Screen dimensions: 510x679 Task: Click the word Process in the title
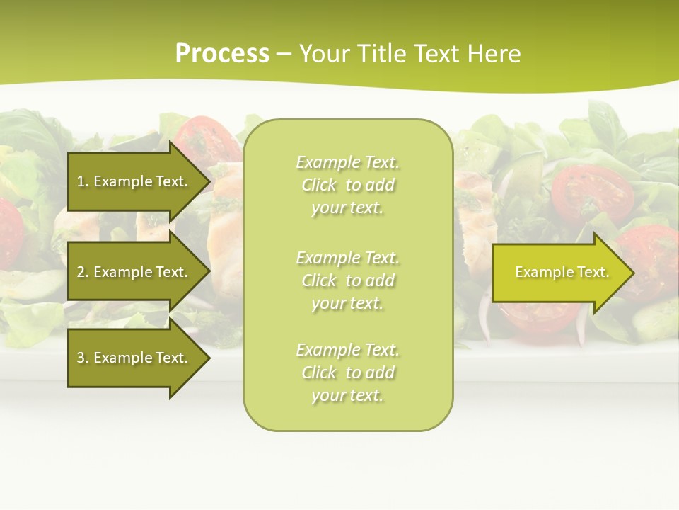(x=222, y=54)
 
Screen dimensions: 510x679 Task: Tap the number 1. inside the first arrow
(x=83, y=181)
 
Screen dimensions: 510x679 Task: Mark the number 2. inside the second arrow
(x=83, y=272)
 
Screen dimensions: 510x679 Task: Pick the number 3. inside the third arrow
(x=83, y=358)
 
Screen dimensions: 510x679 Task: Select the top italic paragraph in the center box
(x=347, y=185)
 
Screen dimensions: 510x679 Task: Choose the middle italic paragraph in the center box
(x=347, y=280)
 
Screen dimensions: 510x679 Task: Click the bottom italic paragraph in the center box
(x=347, y=373)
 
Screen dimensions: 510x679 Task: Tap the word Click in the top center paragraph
(x=319, y=186)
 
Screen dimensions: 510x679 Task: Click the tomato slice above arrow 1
(x=205, y=139)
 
